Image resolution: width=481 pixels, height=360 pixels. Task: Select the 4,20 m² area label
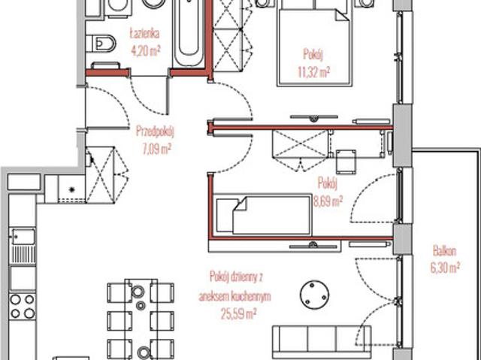[x=145, y=51]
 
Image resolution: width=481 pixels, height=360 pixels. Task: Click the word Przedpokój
[x=156, y=132]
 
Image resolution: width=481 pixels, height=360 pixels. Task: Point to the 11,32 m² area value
[x=314, y=72]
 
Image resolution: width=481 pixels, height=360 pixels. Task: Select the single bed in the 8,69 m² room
[x=262, y=215]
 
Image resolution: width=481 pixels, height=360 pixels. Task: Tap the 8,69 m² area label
[x=328, y=201]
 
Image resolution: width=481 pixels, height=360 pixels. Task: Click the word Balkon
[x=444, y=251]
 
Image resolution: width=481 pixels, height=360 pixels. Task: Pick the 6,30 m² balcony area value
[x=445, y=268]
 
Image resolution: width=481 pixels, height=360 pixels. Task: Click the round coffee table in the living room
[x=314, y=295]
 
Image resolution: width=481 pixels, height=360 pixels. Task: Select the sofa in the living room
[x=322, y=339]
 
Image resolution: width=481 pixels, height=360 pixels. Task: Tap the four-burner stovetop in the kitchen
[x=23, y=307]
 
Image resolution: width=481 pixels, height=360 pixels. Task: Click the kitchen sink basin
[x=23, y=237]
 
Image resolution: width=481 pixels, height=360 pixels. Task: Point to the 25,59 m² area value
[x=239, y=314]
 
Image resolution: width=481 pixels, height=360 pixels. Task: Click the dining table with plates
[x=141, y=319]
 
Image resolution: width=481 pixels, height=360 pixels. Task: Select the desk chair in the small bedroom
[x=346, y=162]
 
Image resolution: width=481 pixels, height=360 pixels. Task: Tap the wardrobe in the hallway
[x=100, y=175]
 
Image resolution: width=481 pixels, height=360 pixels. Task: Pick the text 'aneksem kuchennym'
[x=235, y=296]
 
